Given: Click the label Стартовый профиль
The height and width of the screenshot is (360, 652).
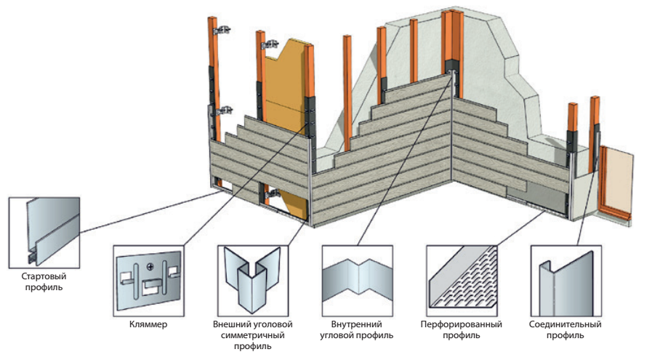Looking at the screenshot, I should click(43, 281).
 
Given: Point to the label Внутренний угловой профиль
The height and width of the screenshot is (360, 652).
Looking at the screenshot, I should click(356, 329).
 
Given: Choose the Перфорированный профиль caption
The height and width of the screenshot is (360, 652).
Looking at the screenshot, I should click(461, 329).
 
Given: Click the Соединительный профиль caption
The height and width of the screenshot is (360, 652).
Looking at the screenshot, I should click(566, 329).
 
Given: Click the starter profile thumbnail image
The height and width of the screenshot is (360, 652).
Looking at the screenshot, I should click(43, 231).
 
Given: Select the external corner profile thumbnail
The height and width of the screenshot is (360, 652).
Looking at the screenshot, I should click(252, 278).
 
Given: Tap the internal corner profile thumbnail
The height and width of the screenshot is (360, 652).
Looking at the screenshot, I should click(356, 278).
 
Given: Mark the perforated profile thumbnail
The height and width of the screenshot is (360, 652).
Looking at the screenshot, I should click(461, 278).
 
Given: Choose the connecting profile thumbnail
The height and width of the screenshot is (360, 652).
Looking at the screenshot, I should click(566, 278).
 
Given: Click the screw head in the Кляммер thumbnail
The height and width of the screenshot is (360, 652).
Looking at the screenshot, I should click(152, 264).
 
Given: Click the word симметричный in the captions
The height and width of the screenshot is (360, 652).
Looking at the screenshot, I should click(252, 335).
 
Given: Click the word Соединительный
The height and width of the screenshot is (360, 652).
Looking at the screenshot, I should click(566, 324).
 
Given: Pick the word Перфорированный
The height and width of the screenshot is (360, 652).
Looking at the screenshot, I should click(461, 324).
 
